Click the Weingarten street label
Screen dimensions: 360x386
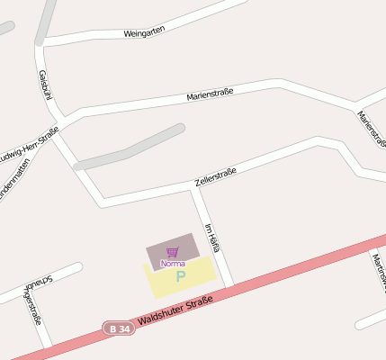tap(143, 33)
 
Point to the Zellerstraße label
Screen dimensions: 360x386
tap(215, 177)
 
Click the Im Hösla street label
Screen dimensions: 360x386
tap(212, 237)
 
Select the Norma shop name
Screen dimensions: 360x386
tap(172, 263)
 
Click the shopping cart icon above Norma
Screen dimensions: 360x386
tap(172, 252)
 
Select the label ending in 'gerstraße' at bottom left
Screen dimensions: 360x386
tap(34, 307)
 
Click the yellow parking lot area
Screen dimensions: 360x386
tap(202, 274)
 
